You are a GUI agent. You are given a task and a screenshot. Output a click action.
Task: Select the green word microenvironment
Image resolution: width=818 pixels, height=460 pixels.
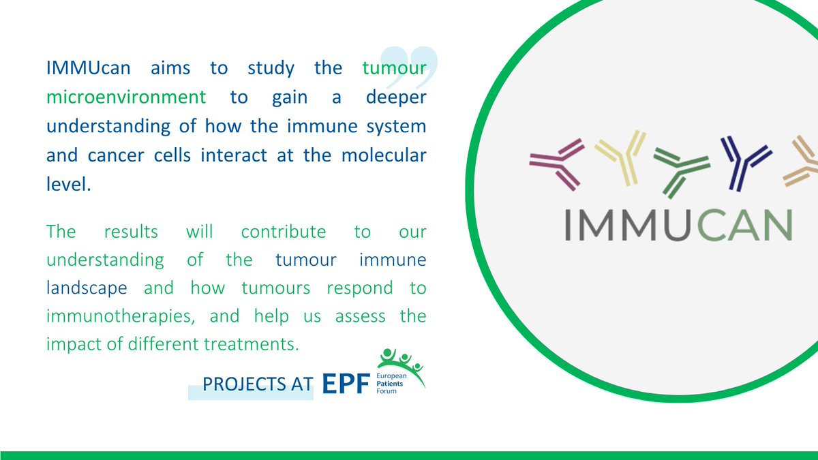126,97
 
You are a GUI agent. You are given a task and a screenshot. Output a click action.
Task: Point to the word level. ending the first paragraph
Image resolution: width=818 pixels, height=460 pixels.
68,184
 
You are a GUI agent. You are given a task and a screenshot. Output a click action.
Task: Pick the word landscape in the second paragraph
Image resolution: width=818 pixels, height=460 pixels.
87,288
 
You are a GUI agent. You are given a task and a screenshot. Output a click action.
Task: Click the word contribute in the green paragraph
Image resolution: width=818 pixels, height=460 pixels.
284,231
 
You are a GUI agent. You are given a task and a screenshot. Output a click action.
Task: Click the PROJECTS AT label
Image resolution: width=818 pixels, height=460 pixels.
258,385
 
